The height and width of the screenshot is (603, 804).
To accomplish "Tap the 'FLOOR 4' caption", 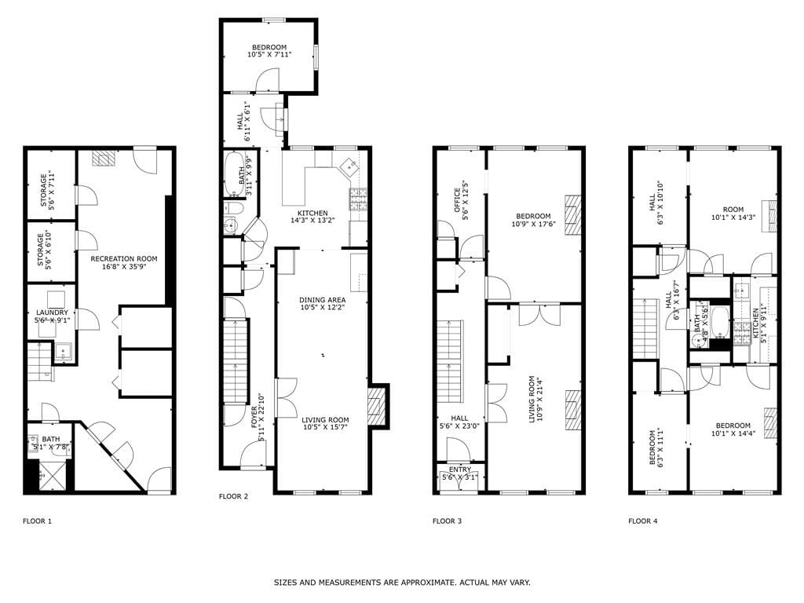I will pos(642,521).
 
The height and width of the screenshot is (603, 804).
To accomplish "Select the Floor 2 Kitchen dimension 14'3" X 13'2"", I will pos(312,221).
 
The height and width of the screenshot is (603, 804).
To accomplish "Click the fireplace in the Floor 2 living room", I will pos(379,407).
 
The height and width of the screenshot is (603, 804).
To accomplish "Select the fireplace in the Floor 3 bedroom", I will pos(574,214).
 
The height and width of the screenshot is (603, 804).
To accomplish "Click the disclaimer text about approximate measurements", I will pos(402,583).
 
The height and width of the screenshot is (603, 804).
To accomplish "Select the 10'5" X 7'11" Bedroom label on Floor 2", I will pos(267,51).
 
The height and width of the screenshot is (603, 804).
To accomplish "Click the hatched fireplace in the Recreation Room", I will pos(101,159).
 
